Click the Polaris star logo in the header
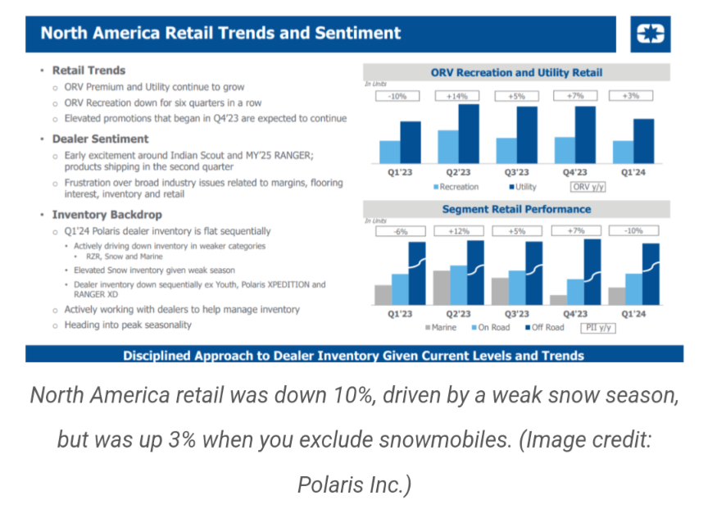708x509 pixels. point(653,34)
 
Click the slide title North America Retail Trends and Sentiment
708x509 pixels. point(220,34)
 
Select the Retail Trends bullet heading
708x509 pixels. point(88,70)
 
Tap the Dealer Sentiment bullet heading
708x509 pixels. point(100,139)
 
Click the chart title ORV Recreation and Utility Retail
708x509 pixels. point(516,73)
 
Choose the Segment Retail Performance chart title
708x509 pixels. point(516,210)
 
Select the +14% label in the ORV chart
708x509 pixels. point(456,96)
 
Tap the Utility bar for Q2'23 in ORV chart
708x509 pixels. point(468,134)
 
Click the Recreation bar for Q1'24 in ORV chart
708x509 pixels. point(623,152)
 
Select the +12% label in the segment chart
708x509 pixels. point(456,232)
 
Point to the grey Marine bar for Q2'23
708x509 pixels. point(440,287)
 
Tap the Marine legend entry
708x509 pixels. point(441,327)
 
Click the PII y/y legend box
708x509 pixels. point(598,327)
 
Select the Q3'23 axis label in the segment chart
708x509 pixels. point(516,314)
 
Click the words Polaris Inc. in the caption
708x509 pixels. point(354,484)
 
